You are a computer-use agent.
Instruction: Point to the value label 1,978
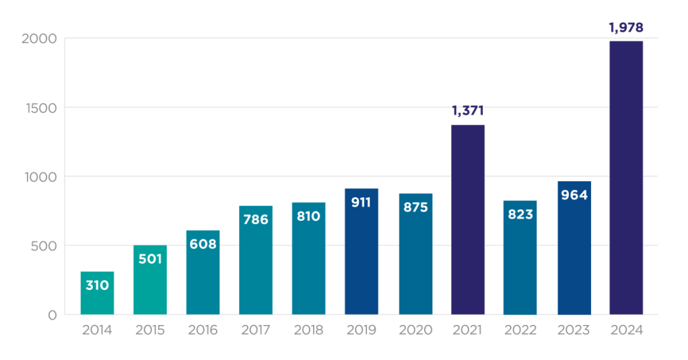coord(626,28)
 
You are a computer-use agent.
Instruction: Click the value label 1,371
coord(468,111)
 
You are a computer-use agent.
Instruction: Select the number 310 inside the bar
coord(97,285)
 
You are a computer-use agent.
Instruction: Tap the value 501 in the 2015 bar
coord(150,259)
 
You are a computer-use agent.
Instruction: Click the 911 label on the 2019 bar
coord(362,202)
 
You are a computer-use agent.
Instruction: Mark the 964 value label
coord(574,195)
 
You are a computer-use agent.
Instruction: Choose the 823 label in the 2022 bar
coord(520,215)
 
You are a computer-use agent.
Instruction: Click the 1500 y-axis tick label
coord(40,108)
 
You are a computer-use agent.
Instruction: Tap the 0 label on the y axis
coord(52,315)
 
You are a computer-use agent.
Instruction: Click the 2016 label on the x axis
coord(203,330)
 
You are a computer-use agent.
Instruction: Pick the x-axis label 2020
coord(415,330)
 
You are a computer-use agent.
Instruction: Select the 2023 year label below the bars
coord(574,330)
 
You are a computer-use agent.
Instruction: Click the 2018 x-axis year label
coord(308,330)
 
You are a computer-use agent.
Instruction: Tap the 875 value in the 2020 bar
coord(415,207)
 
